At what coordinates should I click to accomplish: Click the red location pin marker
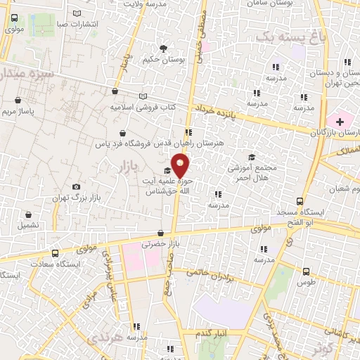[181, 166]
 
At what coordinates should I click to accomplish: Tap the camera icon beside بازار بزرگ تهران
[76, 186]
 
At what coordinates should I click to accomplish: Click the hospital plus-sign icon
[340, 122]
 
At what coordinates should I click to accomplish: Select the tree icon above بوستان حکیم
[164, 49]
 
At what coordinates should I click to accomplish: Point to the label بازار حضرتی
[157, 245]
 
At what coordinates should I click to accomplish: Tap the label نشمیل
[29, 225]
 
